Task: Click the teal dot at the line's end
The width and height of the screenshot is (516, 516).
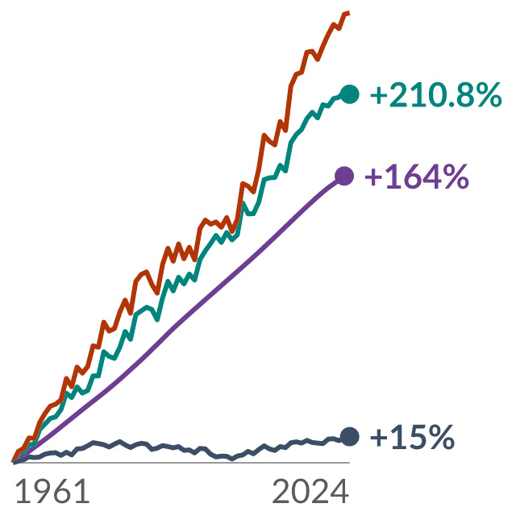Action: tap(349, 94)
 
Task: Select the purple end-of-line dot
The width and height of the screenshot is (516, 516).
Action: tap(344, 176)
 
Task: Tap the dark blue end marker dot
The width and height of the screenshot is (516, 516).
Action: tap(349, 437)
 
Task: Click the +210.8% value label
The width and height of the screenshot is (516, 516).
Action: tap(436, 95)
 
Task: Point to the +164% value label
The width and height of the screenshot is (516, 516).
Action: tap(417, 177)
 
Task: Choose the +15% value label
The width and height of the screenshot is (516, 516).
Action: tap(412, 437)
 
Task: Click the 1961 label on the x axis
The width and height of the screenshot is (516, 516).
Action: tap(52, 491)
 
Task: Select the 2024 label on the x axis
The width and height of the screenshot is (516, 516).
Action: tap(310, 491)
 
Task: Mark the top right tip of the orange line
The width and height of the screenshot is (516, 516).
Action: tap(349, 13)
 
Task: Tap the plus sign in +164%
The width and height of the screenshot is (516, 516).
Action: tap(373, 177)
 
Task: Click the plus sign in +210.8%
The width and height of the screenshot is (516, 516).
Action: tap(379, 95)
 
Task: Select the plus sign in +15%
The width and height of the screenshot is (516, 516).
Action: tap(379, 438)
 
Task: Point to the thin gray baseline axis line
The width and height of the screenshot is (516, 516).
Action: tap(181, 463)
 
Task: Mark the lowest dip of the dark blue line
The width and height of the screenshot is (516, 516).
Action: tap(232, 459)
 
